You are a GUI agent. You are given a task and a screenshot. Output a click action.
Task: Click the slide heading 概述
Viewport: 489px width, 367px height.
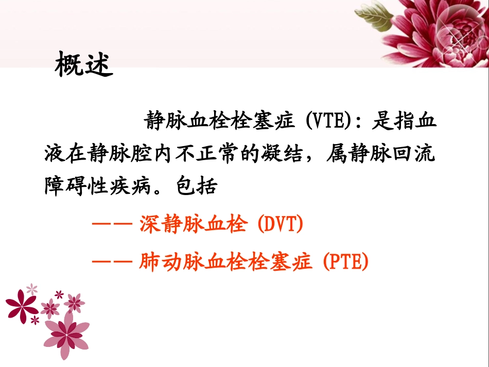point(83,65)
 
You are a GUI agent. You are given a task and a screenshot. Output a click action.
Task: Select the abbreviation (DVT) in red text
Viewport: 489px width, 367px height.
point(280,225)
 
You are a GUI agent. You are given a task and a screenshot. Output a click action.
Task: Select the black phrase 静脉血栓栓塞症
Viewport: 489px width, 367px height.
point(219,122)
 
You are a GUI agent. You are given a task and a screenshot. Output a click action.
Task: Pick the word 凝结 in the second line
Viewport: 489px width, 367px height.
point(286,154)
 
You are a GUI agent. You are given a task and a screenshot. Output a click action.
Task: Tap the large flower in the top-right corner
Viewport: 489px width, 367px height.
point(443,31)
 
